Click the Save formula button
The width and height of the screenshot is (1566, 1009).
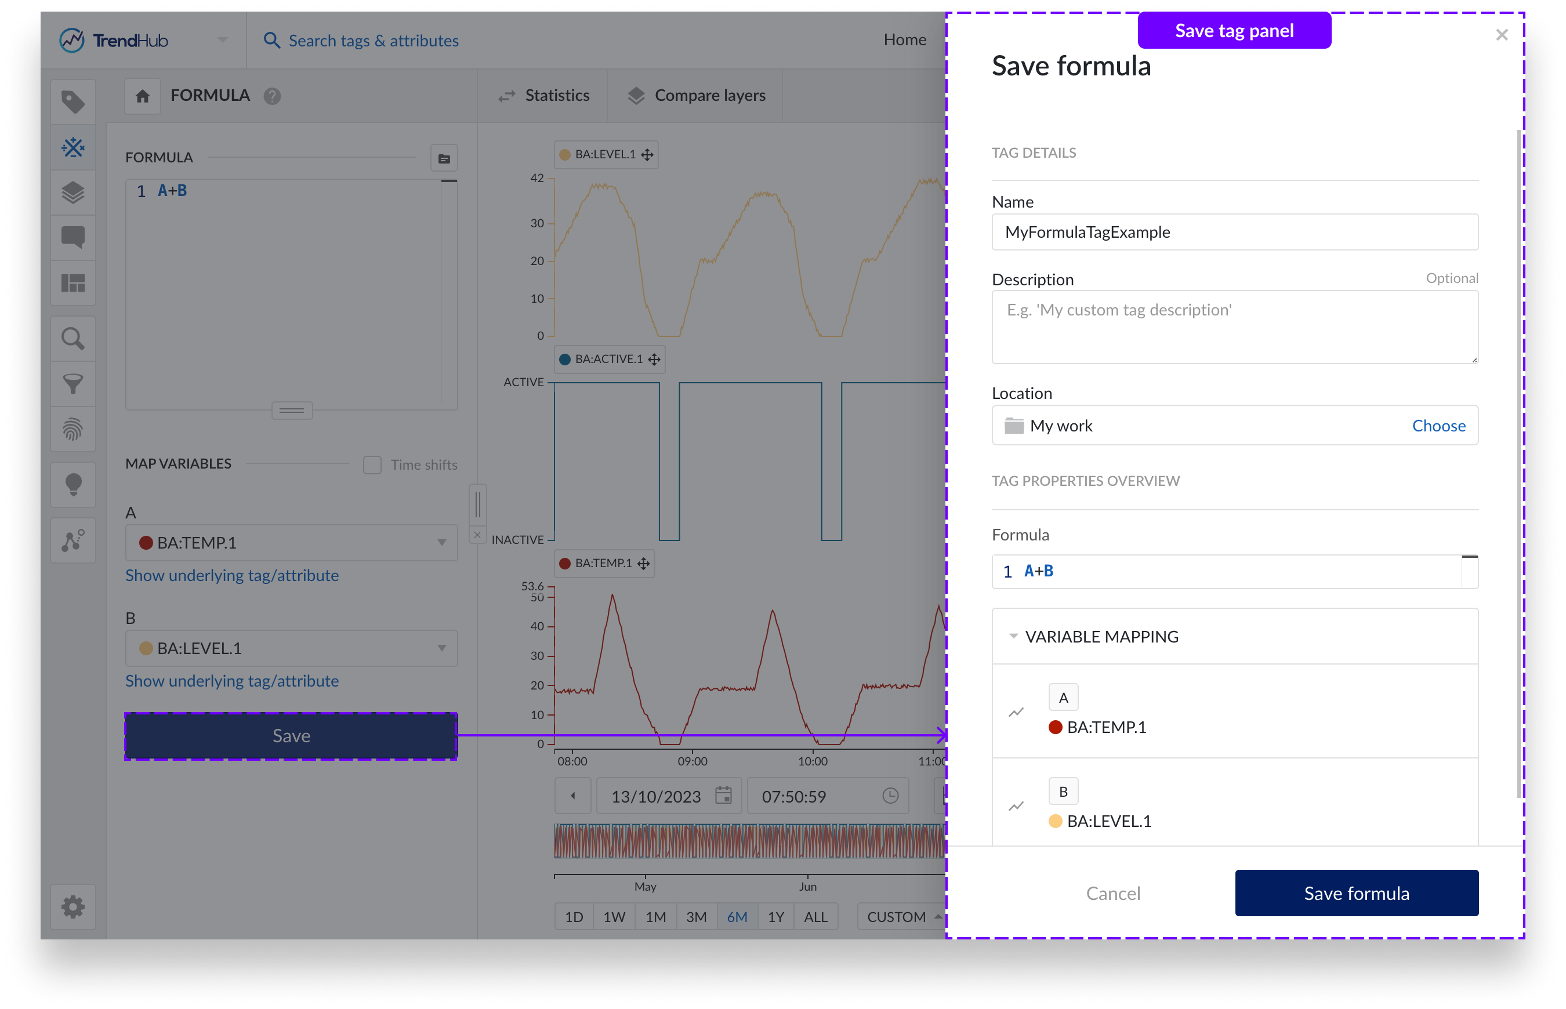[1355, 893]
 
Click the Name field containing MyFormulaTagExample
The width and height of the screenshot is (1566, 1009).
[1234, 232]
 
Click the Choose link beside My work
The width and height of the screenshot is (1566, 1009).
[1438, 426]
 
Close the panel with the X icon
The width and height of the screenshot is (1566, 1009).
[1501, 35]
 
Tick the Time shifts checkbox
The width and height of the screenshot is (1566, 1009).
[372, 465]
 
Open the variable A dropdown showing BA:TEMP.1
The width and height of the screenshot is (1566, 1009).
[291, 543]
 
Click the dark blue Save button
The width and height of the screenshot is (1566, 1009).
[291, 736]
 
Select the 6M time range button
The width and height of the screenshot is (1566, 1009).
[737, 917]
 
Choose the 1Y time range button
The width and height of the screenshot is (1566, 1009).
[776, 917]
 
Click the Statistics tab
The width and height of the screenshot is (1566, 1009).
[544, 96]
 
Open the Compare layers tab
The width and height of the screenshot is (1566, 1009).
[697, 96]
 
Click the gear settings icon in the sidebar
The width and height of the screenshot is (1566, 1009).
[72, 907]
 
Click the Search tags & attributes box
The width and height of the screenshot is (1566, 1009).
[374, 41]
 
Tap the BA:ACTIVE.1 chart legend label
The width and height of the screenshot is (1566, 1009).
[608, 359]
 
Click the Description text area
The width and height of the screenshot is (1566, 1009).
[1234, 327]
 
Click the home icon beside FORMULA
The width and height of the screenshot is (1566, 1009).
[143, 96]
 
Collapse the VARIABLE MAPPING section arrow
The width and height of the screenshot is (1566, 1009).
[1013, 636]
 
